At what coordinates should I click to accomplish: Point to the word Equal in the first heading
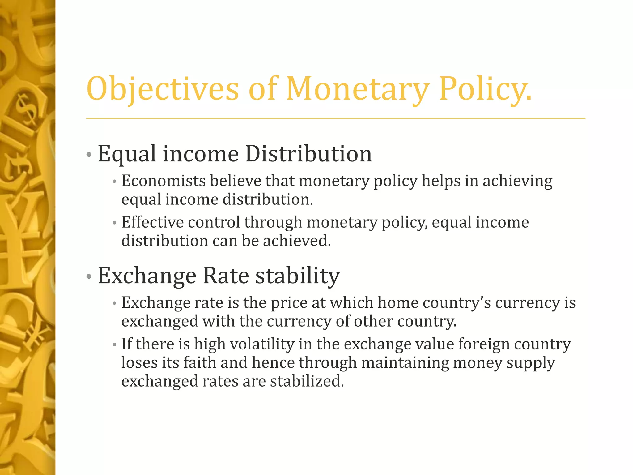[127, 154]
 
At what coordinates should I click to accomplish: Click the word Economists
[164, 181]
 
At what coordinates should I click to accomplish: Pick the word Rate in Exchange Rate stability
[226, 276]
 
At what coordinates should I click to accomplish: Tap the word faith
[200, 363]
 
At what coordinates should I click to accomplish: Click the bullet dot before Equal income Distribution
[89, 154]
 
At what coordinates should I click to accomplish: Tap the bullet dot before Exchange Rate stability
[89, 276]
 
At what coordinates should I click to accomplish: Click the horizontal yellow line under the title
[336, 118]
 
